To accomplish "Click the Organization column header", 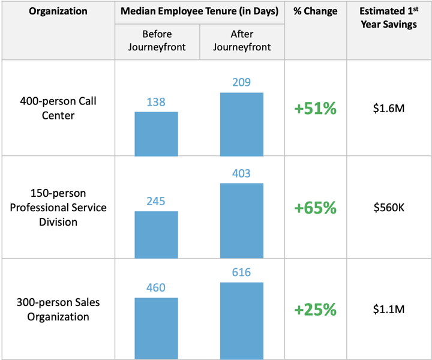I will pyautogui.click(x=58, y=11).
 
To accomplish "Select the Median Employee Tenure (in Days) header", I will pyautogui.click(x=199, y=11).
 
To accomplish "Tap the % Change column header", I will pyautogui.click(x=315, y=11).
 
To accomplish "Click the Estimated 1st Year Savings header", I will pyautogui.click(x=388, y=18).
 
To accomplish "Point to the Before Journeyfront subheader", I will pyautogui.click(x=156, y=41).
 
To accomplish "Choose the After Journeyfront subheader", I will pyautogui.click(x=241, y=41).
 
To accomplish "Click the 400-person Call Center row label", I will pyautogui.click(x=58, y=108).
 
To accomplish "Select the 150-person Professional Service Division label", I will pyautogui.click(x=58, y=208).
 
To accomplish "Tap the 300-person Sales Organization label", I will pyautogui.click(x=58, y=310).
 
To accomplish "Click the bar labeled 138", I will pyautogui.click(x=156, y=133).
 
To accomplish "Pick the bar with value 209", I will pyautogui.click(x=241, y=124).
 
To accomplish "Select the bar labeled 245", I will pyautogui.click(x=156, y=234).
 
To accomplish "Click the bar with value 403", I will pyautogui.click(x=241, y=220).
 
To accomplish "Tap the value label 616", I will pyautogui.click(x=241, y=273).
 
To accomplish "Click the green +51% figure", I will pyautogui.click(x=315, y=109).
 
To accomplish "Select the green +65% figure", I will pyautogui.click(x=315, y=208).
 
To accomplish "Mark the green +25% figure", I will pyautogui.click(x=315, y=310).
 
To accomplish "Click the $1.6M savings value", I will pyautogui.click(x=388, y=109).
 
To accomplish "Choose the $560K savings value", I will pyautogui.click(x=388, y=208).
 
